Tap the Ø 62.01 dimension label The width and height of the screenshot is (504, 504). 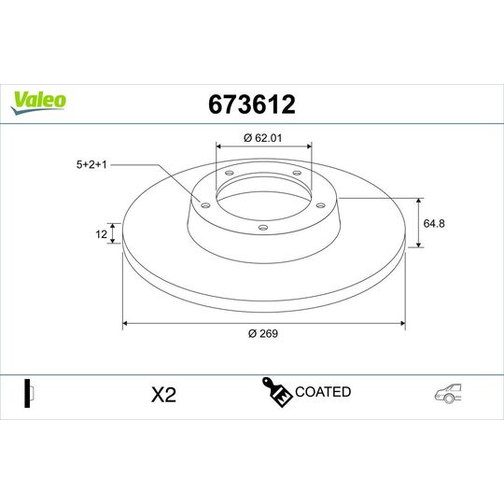tap(263, 137)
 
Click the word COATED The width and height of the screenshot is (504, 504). tap(323, 392)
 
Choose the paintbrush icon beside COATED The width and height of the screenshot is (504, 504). tap(277, 394)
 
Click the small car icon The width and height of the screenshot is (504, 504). tap(447, 394)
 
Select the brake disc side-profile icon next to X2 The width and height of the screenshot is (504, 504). tap(28, 393)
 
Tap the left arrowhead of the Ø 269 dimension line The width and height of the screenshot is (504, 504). tap(126, 324)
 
